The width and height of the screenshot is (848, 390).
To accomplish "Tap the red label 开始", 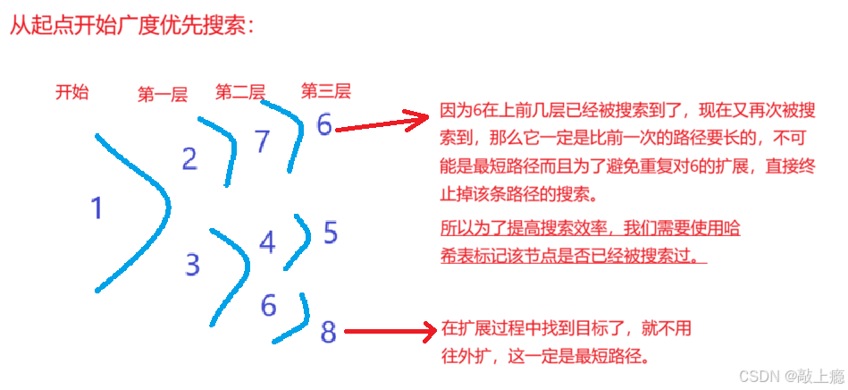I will click(71, 91).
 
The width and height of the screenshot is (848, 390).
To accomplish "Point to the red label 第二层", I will click(240, 91).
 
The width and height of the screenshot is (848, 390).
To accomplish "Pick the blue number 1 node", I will click(97, 209).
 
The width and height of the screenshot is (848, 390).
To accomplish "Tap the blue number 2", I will click(189, 159).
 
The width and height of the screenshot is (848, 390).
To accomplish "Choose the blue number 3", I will click(193, 265).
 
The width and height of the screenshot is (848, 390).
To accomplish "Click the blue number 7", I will click(262, 141).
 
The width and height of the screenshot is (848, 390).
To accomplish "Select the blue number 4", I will click(267, 242).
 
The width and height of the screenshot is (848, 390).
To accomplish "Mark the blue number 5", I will click(330, 233).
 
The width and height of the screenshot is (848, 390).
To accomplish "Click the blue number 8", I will click(328, 333).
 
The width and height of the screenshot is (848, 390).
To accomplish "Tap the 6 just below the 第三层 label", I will click(323, 124).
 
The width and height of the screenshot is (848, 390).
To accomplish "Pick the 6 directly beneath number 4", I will click(268, 305).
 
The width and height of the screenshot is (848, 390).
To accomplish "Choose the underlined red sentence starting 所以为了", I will click(590, 242).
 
